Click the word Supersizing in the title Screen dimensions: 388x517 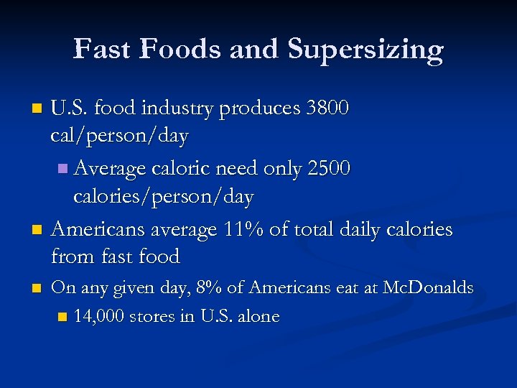[365, 50]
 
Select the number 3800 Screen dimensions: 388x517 [327, 108]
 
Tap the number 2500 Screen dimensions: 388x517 [328, 169]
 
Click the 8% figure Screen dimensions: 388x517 [208, 288]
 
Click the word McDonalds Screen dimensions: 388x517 [428, 288]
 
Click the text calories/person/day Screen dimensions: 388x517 [164, 195]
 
